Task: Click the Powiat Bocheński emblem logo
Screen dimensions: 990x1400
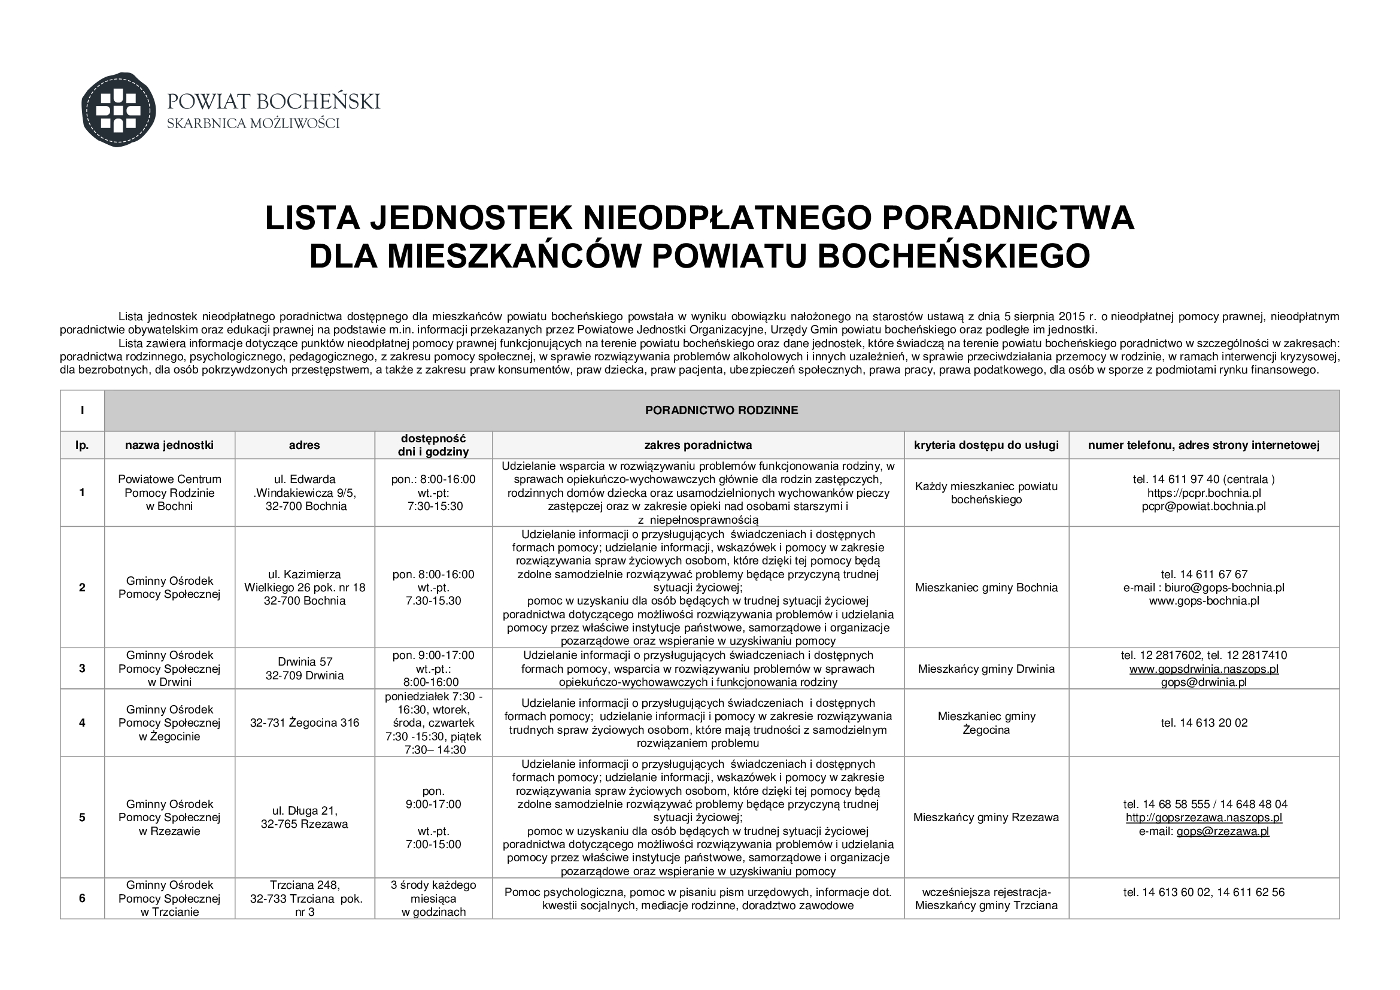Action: [x=119, y=110]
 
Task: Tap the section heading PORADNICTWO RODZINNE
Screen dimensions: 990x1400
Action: [x=721, y=410]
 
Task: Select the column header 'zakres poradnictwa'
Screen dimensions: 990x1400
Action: [x=698, y=445]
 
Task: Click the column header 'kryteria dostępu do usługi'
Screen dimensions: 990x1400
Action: [x=986, y=445]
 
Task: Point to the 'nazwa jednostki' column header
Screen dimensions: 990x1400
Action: [x=169, y=445]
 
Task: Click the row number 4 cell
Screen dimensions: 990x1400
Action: [x=83, y=723]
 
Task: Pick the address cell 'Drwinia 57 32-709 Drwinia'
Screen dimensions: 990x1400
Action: [x=304, y=669]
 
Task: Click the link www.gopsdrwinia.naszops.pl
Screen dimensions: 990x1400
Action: [x=1204, y=669]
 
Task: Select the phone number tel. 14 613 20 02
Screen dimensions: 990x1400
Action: [x=1204, y=723]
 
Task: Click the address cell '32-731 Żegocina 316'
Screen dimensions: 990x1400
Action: [x=304, y=723]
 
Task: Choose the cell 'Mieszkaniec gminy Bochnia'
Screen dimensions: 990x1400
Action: [x=986, y=588]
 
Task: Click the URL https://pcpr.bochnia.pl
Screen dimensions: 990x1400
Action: [x=1204, y=493]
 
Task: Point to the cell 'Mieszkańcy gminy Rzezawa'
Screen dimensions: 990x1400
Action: [x=986, y=818]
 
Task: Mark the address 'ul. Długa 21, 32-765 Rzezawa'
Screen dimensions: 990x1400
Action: [x=304, y=818]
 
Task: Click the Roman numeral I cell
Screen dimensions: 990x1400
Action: [x=83, y=410]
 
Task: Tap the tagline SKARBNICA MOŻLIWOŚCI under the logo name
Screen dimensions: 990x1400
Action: [x=253, y=124]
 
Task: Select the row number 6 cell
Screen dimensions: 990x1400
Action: [x=83, y=898]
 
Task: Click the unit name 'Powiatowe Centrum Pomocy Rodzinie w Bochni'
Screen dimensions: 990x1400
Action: [x=169, y=493]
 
